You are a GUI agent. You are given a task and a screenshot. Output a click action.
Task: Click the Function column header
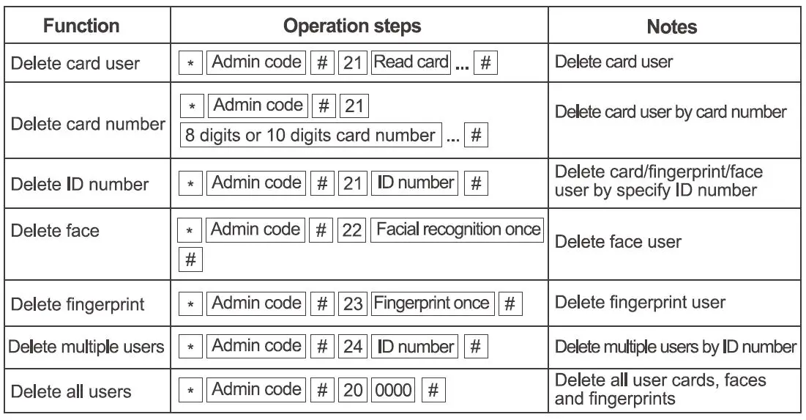pyautogui.click(x=81, y=26)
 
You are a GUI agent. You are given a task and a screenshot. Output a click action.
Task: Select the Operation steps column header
pyautogui.click(x=351, y=26)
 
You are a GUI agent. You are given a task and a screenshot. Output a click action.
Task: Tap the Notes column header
pyautogui.click(x=671, y=27)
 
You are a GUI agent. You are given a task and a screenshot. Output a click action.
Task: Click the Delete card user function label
pyautogui.click(x=74, y=63)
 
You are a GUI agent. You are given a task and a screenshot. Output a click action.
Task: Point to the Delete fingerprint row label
pyautogui.click(x=78, y=303)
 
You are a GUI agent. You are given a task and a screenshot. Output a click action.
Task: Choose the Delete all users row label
pyautogui.click(x=70, y=391)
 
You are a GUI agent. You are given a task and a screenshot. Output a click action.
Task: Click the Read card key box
pyautogui.click(x=411, y=62)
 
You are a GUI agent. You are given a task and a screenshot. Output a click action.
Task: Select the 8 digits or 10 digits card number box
pyautogui.click(x=310, y=136)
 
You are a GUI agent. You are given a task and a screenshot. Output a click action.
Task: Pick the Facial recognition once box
pyautogui.click(x=458, y=230)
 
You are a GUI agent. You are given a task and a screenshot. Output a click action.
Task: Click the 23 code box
pyautogui.click(x=353, y=303)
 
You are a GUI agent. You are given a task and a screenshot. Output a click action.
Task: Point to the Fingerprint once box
pyautogui.click(x=431, y=303)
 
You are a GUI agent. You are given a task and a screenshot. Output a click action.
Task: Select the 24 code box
pyautogui.click(x=353, y=346)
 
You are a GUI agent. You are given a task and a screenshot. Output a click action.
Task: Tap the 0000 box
pyautogui.click(x=393, y=390)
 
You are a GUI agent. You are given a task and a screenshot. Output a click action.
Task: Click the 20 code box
pyautogui.click(x=353, y=390)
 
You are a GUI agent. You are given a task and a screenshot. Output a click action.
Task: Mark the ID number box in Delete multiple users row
pyautogui.click(x=415, y=346)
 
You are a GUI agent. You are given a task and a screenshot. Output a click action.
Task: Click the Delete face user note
pyautogui.click(x=618, y=242)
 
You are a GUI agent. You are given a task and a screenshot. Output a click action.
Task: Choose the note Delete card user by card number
pyautogui.click(x=671, y=112)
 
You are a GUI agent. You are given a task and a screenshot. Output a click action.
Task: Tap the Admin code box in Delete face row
pyautogui.click(x=255, y=230)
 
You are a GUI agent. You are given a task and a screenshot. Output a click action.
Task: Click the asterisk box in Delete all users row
pyautogui.click(x=191, y=391)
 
